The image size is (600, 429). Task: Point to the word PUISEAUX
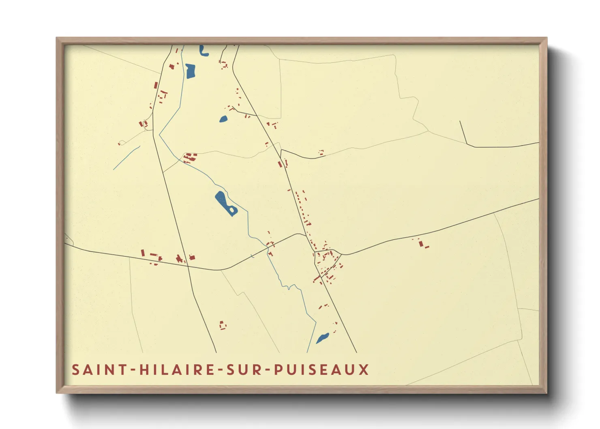[321, 370]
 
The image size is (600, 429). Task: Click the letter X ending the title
[364, 370]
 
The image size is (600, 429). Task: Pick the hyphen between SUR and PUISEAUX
[266, 370]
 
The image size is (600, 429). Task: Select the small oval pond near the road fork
[223, 119]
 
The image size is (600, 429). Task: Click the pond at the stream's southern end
[323, 338]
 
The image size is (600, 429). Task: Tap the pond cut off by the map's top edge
[204, 51]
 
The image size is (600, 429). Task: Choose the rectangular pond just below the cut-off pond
[190, 71]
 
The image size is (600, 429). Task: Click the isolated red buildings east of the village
[422, 244]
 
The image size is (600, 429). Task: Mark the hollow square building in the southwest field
[222, 325]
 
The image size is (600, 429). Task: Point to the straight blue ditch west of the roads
[126, 158]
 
